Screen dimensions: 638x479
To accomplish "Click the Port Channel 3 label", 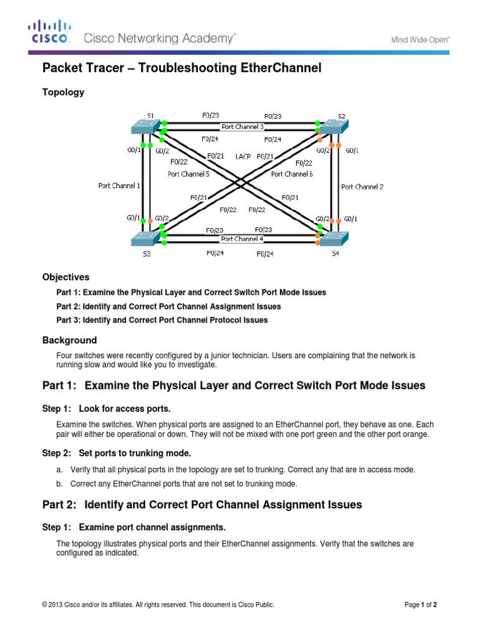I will pos(243,126).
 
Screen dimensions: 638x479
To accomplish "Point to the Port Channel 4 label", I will pos(242,239).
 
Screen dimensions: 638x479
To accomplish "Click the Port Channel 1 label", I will pos(119,185).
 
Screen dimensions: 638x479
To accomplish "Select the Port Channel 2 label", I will pos(362,186).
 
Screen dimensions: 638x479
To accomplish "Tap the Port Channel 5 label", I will pos(188,174).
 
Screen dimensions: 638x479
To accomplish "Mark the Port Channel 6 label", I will pos(292,174).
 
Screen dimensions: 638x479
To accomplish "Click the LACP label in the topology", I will pos(243,156).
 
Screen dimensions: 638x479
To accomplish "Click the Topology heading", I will pos(63,92).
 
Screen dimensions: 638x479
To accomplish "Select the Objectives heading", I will pos(65,277).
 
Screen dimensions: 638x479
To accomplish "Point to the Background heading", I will pos(69,340).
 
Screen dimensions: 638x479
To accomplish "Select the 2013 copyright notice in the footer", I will pos(158,604).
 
